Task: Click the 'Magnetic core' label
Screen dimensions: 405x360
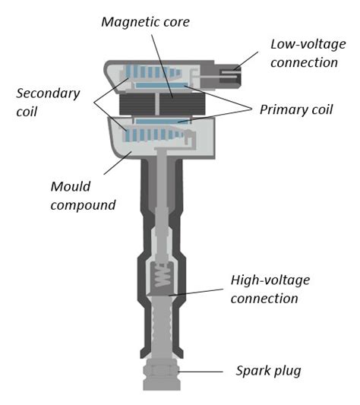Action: pyautogui.click(x=145, y=22)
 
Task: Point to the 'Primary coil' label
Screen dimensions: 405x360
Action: pyautogui.click(x=295, y=109)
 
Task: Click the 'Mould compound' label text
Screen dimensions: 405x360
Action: pyautogui.click(x=83, y=195)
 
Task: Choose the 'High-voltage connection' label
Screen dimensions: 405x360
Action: pyautogui.click(x=270, y=289)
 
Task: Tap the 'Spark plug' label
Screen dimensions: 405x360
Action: pyautogui.click(x=268, y=371)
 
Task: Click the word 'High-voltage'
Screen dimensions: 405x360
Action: pyautogui.click(x=270, y=280)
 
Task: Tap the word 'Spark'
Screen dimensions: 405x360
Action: pyautogui.click(x=252, y=371)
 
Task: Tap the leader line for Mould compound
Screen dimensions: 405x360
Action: pyautogui.click(x=116, y=161)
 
